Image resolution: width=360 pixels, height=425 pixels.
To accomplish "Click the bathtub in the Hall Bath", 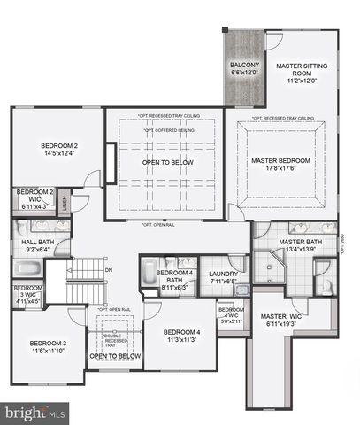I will (20, 243).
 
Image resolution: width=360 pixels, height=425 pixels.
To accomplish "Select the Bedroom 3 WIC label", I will (26, 293).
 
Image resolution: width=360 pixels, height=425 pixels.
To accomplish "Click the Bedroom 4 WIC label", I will (232, 316).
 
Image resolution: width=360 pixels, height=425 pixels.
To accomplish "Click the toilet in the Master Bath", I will (326, 285).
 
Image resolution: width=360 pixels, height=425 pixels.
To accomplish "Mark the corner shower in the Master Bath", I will (264, 265).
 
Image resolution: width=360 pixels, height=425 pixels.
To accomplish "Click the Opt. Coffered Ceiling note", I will (166, 129).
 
